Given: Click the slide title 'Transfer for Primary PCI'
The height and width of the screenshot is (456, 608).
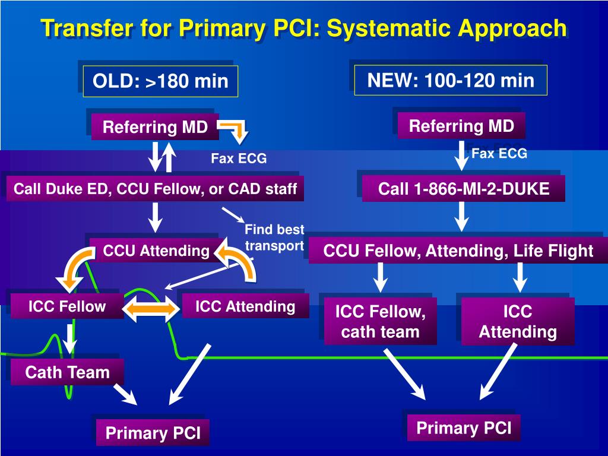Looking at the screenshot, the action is coord(182,28).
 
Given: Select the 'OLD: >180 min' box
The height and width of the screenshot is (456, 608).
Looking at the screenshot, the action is coord(160,81).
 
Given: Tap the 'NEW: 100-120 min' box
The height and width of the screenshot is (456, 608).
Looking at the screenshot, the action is coord(451,80).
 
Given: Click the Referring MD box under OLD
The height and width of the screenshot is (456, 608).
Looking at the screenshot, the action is coord(155,127).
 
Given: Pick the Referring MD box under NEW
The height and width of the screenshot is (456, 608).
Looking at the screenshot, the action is coord(461,126).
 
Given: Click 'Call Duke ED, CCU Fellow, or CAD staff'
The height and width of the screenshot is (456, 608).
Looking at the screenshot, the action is coord(155,189).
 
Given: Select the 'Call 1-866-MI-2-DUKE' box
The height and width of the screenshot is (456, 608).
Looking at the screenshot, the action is coord(463,189).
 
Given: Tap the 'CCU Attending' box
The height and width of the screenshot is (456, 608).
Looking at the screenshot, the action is coord(156,251).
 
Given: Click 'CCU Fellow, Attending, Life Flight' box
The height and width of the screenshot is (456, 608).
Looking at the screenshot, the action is coord(458,251).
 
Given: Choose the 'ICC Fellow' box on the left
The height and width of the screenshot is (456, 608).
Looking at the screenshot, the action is coord(67,306).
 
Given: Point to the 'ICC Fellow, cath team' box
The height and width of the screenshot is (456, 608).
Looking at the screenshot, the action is coord(381,321).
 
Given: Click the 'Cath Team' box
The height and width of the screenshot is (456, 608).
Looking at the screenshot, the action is coord(68,372).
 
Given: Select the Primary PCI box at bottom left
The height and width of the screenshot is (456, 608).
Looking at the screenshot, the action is coord(153,433).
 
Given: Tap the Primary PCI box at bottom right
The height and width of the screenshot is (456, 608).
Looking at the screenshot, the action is coord(464,428).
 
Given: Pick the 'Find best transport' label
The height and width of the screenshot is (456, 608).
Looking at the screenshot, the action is coord(274,237).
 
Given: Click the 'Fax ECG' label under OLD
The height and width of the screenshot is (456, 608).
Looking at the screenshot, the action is coord(239,158).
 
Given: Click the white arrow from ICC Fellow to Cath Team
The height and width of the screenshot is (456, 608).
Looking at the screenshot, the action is coord(70,338).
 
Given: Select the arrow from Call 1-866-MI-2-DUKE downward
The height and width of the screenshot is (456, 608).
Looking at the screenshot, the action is coord(461,217).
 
